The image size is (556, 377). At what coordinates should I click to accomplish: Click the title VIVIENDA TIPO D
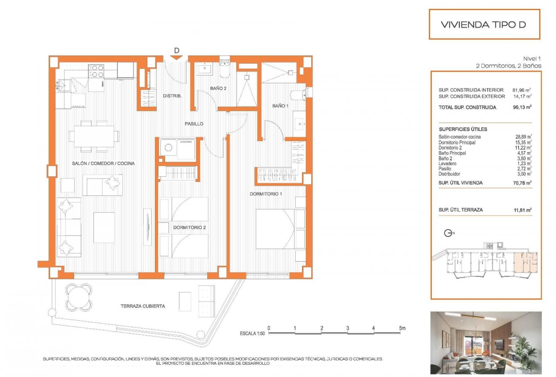[483, 24]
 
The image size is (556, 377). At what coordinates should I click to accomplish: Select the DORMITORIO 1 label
[266, 194]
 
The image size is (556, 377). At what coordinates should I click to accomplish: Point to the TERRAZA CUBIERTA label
[142, 306]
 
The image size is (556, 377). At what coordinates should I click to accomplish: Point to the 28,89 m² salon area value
[523, 137]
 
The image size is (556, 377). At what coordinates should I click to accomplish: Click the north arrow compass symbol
[449, 233]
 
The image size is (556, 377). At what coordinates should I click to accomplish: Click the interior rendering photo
[486, 342]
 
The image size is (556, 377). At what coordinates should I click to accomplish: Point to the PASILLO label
[194, 124]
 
